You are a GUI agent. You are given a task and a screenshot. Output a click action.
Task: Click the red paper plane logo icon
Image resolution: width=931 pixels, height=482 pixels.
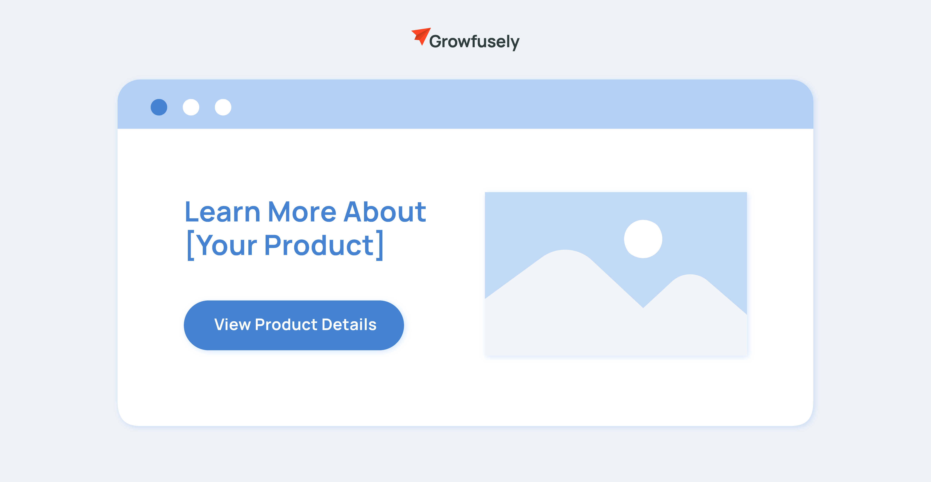(421, 36)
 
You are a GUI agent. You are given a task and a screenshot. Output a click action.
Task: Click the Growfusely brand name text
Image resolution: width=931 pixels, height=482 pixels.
(474, 42)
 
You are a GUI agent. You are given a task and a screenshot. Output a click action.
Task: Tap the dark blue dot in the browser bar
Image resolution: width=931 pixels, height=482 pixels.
(159, 107)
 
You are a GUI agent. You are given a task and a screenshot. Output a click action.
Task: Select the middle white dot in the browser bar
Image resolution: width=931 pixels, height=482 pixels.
(191, 107)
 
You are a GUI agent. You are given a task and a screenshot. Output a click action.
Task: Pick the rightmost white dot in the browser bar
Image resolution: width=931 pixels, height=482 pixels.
(223, 107)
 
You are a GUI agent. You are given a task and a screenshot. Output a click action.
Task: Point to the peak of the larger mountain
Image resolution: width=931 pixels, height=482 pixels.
(565, 250)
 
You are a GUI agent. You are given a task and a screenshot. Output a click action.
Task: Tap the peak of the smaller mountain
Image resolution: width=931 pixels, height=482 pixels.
(690, 275)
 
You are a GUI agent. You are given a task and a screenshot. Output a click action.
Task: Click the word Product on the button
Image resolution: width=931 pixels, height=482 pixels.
(286, 324)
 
